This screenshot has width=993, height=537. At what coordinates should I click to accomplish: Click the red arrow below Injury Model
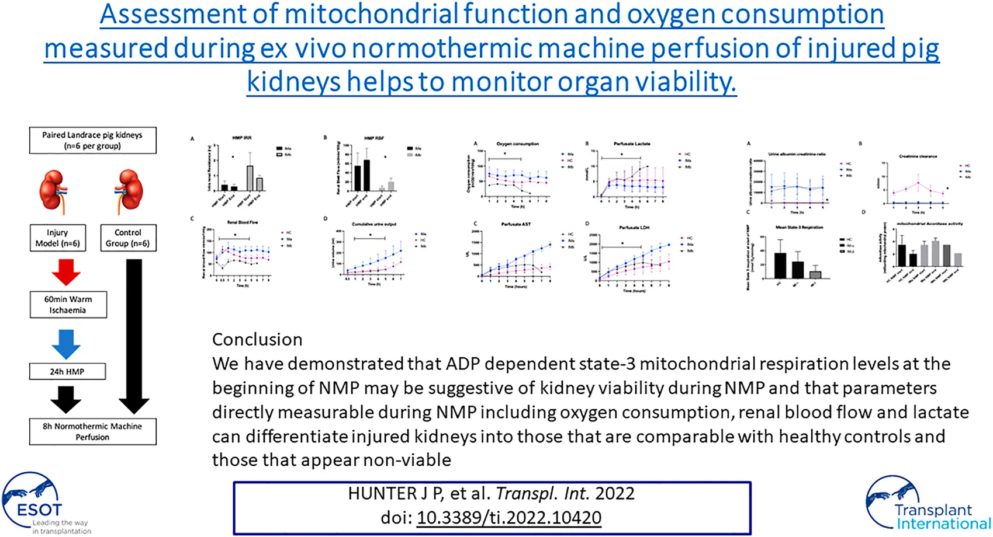[66, 272]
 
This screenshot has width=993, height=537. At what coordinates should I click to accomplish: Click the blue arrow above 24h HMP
[66, 344]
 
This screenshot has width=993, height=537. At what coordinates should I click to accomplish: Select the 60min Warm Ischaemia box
[68, 305]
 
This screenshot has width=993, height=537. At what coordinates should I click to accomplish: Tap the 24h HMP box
[67, 371]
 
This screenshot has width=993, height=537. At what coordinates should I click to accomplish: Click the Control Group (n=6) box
[128, 238]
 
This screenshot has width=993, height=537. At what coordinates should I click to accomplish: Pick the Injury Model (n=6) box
[57, 238]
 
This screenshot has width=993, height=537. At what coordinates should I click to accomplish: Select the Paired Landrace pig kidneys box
[92, 140]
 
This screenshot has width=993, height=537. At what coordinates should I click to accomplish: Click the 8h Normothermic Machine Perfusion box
[92, 431]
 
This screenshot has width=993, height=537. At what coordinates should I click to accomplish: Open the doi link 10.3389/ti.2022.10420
[508, 518]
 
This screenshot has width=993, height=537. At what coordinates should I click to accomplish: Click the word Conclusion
[257, 340]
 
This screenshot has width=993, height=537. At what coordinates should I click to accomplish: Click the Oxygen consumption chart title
[517, 144]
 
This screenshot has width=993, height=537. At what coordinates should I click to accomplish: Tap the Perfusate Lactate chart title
[632, 144]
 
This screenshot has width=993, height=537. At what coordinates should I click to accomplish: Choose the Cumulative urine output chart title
[374, 224]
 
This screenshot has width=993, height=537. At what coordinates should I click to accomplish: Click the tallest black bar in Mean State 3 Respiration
[780, 266]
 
